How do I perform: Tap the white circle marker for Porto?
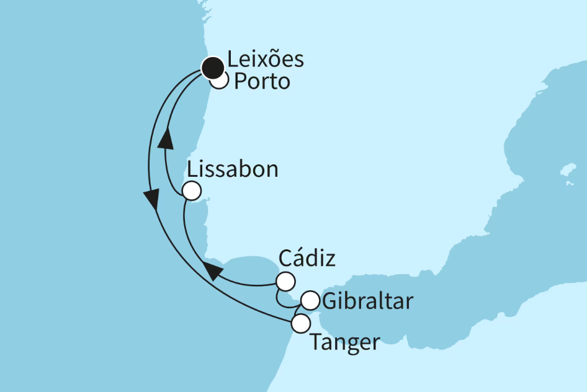[x=218, y=80]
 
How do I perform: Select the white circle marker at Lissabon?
[x=192, y=191]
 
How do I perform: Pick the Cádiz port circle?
[x=285, y=282]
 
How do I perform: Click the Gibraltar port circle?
[x=310, y=301]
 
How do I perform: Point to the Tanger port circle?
[x=300, y=323]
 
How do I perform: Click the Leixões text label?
[x=266, y=60]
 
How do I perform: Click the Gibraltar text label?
[x=367, y=302]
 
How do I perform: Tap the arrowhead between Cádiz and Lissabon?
[x=213, y=270]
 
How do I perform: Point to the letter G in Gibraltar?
[x=330, y=302]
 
